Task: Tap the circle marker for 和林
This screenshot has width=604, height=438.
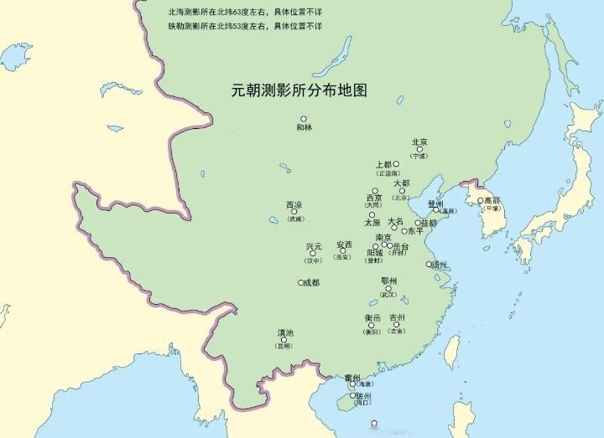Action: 304,119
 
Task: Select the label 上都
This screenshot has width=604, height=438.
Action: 384,165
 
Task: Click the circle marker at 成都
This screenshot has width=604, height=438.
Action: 300,283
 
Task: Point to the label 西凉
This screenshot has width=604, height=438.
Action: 294,204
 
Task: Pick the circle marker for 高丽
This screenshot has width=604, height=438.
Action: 481,201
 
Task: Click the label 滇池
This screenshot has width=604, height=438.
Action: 285,332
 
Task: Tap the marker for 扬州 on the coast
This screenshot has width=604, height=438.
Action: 429,264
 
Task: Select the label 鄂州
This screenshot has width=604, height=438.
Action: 388,281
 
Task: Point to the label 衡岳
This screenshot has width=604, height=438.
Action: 372,317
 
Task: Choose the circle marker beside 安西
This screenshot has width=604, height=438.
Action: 342,250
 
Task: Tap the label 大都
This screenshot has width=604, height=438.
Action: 401,183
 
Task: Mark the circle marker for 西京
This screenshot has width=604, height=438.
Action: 375,191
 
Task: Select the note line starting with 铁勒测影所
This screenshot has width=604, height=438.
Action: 244,26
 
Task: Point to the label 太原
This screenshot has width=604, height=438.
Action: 372,223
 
